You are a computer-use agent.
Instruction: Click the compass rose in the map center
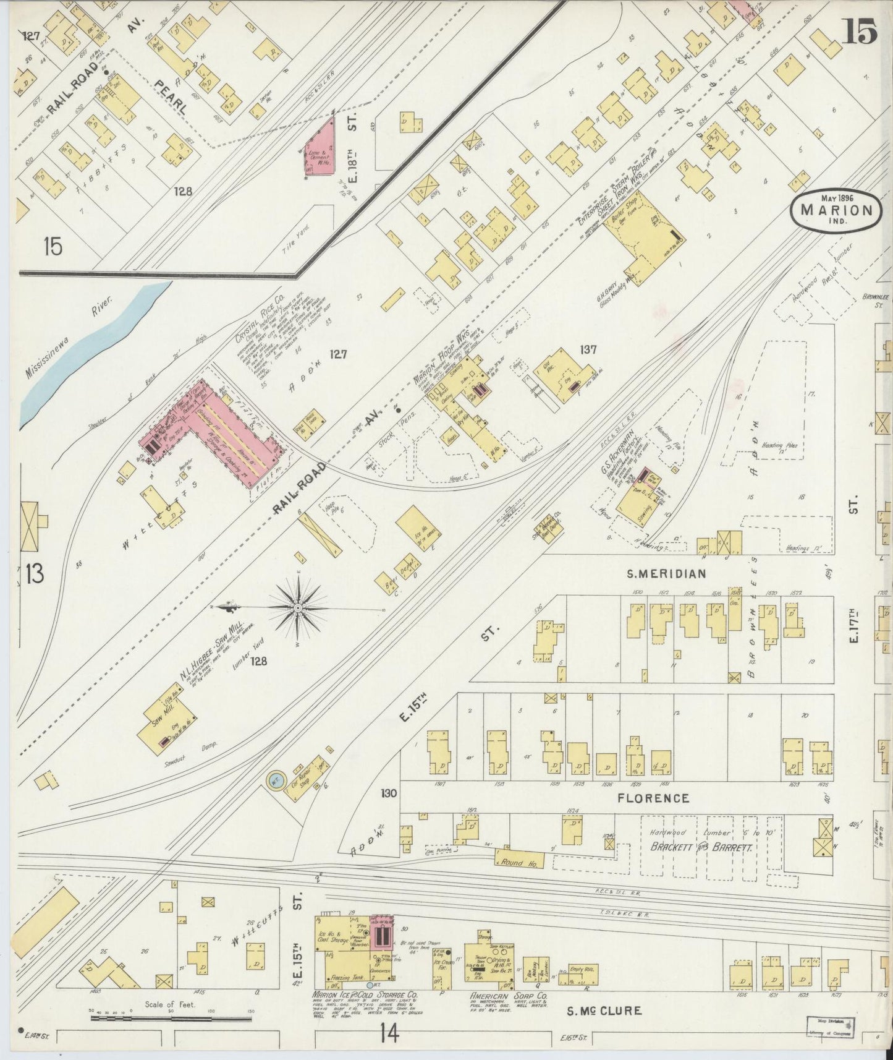coord(298,609)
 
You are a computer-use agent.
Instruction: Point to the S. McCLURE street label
coord(604,1011)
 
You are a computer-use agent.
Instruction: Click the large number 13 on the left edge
coord(35,574)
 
